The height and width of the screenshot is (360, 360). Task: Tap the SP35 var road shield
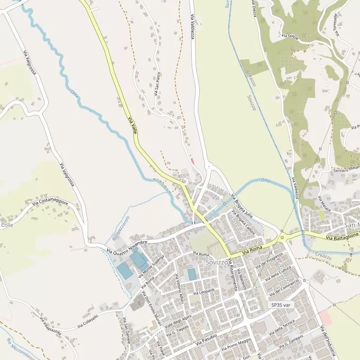click(281, 305)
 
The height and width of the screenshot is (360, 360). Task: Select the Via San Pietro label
click(158, 83)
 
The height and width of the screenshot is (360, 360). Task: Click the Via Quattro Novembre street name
click(127, 246)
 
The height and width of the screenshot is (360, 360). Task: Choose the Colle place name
click(7, 225)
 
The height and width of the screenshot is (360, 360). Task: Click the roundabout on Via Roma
click(282, 237)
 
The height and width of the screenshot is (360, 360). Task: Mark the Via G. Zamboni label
click(292, 342)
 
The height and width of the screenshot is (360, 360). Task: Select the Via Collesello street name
click(88, 321)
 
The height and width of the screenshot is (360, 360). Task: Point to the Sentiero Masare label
click(346, 167)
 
